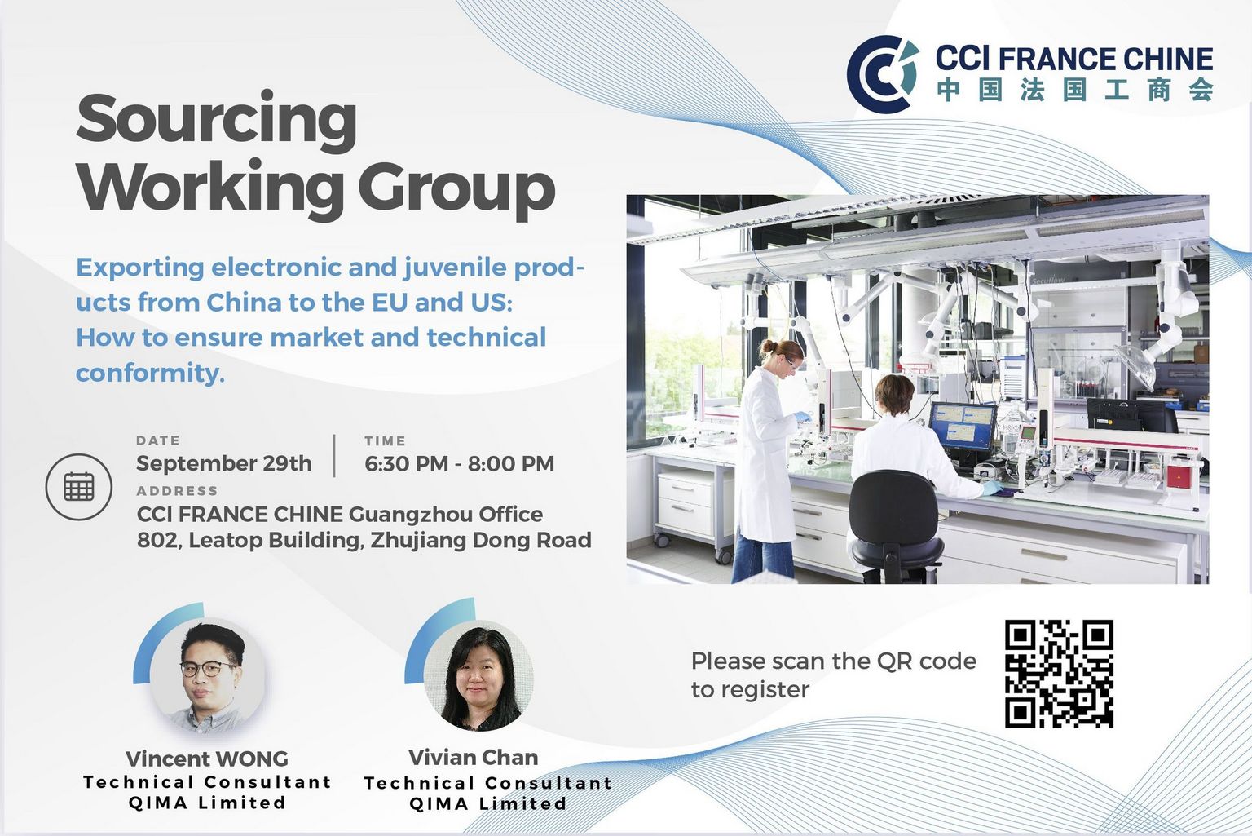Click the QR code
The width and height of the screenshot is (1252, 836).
pyautogui.click(x=1059, y=674)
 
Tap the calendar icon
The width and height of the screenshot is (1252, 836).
pyautogui.click(x=79, y=486)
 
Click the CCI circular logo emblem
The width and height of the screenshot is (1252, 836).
pyautogui.click(x=883, y=74)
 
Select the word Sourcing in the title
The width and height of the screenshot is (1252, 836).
pyautogui.click(x=216, y=121)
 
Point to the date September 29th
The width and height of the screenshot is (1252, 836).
pyautogui.click(x=223, y=463)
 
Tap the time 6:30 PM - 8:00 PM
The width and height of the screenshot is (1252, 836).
pyautogui.click(x=459, y=463)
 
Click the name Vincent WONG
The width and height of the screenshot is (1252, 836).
pyautogui.click(x=207, y=759)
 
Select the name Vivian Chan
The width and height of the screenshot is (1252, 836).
pyautogui.click(x=474, y=757)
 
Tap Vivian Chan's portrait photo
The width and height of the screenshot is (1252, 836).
pyautogui.click(x=478, y=675)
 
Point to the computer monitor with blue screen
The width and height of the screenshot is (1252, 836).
pyautogui.click(x=963, y=426)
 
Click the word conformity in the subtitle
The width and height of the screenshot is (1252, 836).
pyautogui.click(x=150, y=373)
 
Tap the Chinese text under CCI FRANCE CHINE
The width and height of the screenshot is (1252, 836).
pyautogui.click(x=1075, y=90)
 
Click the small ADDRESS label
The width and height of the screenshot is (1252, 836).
pyautogui.click(x=177, y=491)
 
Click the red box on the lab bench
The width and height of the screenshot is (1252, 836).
pyautogui.click(x=1179, y=476)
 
